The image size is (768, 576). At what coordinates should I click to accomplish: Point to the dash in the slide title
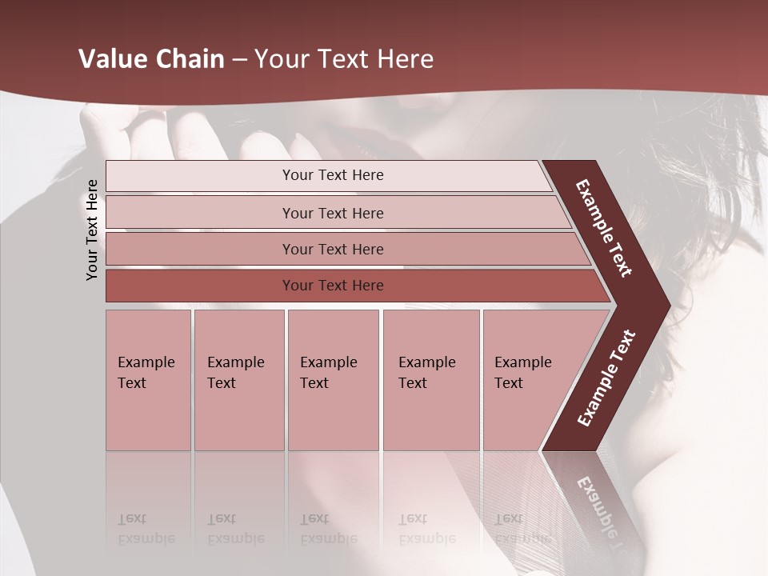coord(239,60)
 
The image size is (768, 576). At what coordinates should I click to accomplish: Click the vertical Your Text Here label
coord(92,230)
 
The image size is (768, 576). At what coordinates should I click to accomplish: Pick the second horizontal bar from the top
coord(332,213)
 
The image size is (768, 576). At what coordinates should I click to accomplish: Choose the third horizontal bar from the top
coord(332,249)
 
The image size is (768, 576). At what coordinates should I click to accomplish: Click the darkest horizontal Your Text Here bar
coord(332,286)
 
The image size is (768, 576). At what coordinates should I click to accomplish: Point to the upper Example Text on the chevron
coord(604,228)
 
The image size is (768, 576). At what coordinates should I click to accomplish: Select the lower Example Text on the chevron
coord(606,378)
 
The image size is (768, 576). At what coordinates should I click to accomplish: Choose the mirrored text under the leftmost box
coord(146,529)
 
